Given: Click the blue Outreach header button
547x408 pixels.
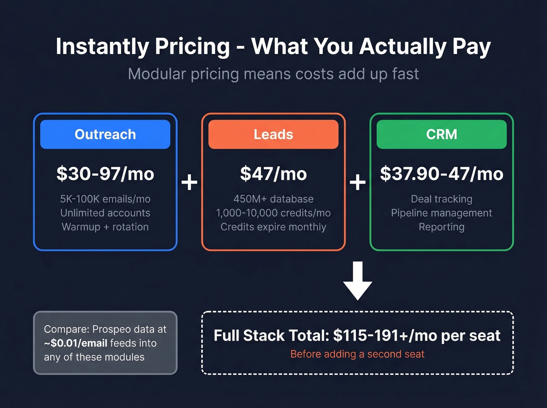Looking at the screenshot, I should click(105, 134).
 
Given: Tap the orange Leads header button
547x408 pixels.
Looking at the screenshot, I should click(273, 134).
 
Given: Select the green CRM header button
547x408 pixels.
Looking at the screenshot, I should click(442, 134).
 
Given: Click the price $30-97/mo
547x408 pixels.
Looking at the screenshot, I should click(105, 174).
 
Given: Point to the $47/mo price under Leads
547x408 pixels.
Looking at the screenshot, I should click(273, 174).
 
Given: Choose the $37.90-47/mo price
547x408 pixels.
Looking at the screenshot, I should click(442, 174).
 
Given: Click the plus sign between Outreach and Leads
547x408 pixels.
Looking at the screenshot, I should click(189, 182).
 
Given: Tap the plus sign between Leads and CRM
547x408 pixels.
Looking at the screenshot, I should click(358, 182).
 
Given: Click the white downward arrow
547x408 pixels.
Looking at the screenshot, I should click(358, 281).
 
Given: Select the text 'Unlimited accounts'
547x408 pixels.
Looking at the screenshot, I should click(105, 213).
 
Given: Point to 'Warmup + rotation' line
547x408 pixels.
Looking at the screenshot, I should click(105, 227).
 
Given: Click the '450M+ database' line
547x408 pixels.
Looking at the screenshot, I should click(273, 199).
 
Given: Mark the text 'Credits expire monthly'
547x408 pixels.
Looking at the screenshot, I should click(273, 227).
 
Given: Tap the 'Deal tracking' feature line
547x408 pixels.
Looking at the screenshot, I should click(442, 199).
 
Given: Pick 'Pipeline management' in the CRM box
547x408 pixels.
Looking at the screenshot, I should click(442, 213).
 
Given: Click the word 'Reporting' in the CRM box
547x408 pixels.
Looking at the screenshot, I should click(442, 227).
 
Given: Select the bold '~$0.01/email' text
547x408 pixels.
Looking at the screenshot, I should click(76, 343).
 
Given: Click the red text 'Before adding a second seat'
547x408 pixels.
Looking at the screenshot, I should click(357, 354).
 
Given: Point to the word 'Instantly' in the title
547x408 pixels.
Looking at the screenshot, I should click(102, 46).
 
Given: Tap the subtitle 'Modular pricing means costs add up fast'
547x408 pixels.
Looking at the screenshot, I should click(273, 74).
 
